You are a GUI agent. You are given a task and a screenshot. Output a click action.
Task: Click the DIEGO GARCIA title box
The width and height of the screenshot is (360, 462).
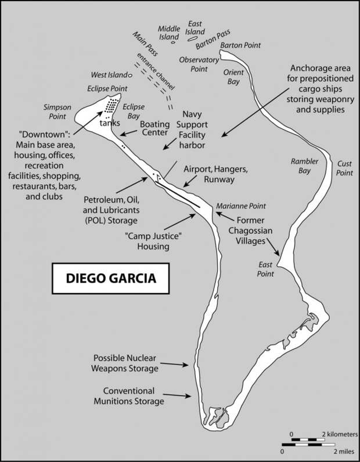coord(110,279)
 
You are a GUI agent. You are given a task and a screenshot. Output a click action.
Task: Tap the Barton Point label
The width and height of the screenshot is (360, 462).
coord(240,45)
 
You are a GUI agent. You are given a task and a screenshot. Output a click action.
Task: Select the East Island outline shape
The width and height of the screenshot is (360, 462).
coord(192,38)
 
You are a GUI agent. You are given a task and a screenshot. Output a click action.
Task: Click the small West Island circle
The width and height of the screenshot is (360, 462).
coord(129,75)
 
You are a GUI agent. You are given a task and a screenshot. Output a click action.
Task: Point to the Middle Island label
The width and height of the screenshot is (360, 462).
coord(169,33)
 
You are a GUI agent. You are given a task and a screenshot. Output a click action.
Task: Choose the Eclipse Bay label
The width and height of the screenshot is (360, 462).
coord(134,111)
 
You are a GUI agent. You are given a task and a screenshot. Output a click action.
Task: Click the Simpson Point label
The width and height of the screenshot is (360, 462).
coord(57,111)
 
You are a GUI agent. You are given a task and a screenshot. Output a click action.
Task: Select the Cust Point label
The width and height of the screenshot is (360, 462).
coord(344,168)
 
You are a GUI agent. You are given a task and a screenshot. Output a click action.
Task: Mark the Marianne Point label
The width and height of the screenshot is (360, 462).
coord(241,206)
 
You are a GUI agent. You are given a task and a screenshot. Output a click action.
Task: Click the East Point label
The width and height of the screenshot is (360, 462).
coord(265,269)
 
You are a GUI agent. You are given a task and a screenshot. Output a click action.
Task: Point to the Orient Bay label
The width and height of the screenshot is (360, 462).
coord(233,77)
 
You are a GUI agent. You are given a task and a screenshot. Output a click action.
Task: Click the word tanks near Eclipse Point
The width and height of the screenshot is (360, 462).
coord(110,123)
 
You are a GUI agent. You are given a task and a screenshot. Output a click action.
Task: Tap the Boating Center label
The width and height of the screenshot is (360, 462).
coord(155,128)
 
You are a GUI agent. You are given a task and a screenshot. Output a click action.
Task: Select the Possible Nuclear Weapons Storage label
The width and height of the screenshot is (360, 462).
coord(125,363)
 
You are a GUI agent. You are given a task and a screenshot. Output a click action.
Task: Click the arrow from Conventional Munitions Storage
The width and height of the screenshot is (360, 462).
coord(177,395)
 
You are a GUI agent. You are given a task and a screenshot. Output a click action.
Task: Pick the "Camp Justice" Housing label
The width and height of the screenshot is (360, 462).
coord(153,241)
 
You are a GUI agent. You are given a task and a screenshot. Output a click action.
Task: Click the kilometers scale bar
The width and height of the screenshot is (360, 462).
coord(308,439)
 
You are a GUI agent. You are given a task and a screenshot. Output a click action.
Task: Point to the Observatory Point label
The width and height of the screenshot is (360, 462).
coord(199,64)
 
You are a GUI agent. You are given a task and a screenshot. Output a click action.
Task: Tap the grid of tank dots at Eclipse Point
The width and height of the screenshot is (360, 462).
coord(111,105)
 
